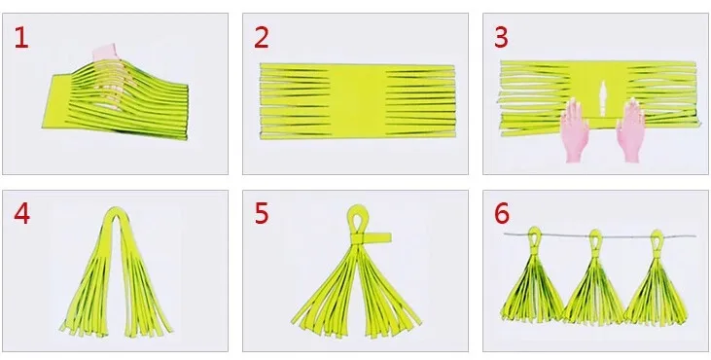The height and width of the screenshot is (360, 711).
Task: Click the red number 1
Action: [20, 38]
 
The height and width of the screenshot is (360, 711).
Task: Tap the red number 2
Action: [262, 38]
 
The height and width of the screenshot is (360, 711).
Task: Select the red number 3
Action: [501, 38]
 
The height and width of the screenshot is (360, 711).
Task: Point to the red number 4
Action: [21, 214]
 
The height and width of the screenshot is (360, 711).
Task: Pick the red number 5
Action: [262, 214]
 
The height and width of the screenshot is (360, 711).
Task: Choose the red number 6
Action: [502, 214]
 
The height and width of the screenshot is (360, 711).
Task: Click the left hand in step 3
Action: [575, 129]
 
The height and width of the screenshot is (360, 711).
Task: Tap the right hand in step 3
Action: [631, 130]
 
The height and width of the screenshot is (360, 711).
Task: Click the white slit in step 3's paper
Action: [603, 98]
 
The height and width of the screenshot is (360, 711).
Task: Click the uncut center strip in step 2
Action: [358, 101]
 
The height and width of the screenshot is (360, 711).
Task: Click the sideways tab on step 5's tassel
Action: [377, 238]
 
